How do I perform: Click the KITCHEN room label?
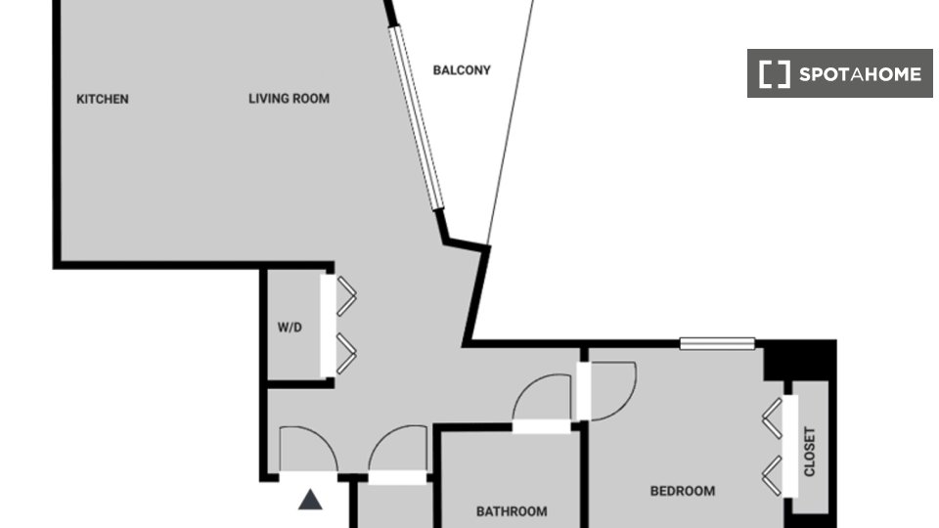point(103,100)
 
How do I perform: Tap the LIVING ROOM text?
point(289,99)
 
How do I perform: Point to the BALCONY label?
point(462,70)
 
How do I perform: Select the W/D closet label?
point(290,328)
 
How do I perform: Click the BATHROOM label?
point(512,511)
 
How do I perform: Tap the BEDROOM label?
point(683,492)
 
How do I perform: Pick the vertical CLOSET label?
point(810,452)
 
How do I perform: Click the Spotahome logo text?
point(860,74)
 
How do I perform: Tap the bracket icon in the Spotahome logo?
point(775,74)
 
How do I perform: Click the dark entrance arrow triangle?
point(310,500)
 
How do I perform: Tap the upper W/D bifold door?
point(346,295)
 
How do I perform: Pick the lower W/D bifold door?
point(346,354)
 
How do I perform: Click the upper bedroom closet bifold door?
point(773,418)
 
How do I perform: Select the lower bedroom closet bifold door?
point(773,476)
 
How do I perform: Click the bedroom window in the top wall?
point(717,343)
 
